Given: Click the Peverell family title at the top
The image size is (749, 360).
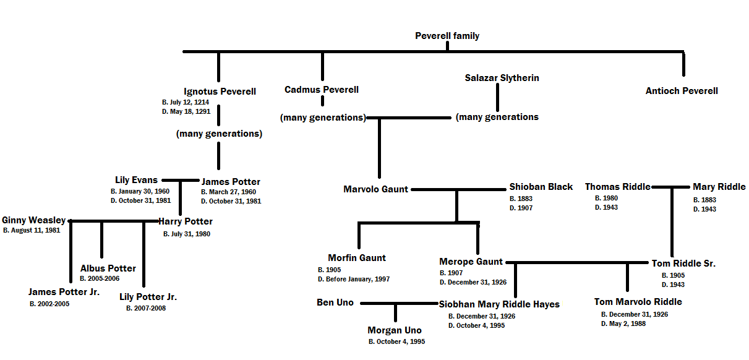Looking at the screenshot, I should [x=447, y=36].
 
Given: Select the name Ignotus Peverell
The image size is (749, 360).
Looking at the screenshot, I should [x=220, y=92].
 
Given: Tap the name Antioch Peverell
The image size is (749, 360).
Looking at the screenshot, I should [x=682, y=91].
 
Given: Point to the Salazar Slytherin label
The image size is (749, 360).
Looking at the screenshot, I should [x=502, y=78].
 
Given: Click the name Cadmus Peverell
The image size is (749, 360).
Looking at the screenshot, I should [x=321, y=90].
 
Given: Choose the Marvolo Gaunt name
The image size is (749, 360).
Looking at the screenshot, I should [x=375, y=189].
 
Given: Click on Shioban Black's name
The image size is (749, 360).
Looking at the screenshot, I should [x=541, y=187].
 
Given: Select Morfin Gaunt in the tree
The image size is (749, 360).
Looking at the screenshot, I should [x=357, y=258].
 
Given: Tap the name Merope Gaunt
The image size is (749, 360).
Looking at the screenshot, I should [x=471, y=262].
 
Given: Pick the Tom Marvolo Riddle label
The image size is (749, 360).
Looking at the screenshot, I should [x=638, y=302].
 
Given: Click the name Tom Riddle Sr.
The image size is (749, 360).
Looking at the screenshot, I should [x=683, y=264].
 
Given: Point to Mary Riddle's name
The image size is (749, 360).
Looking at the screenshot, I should [x=719, y=187].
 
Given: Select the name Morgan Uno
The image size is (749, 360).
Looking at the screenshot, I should [x=394, y=330].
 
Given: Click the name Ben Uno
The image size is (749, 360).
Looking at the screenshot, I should [x=335, y=302].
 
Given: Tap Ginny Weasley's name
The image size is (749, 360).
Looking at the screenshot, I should [x=33, y=220].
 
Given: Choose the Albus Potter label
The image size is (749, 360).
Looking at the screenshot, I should [x=108, y=268].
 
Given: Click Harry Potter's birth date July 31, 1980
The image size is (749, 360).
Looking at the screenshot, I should [x=186, y=234].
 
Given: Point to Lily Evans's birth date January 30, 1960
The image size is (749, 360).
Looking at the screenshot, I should [x=139, y=192].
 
